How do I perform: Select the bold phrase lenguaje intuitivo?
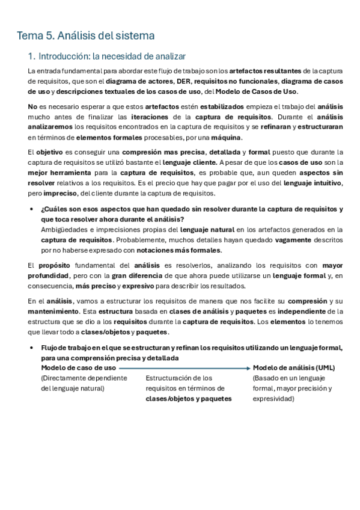(313, 183)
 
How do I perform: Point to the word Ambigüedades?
(65, 229)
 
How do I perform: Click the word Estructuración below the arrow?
(170, 378)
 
